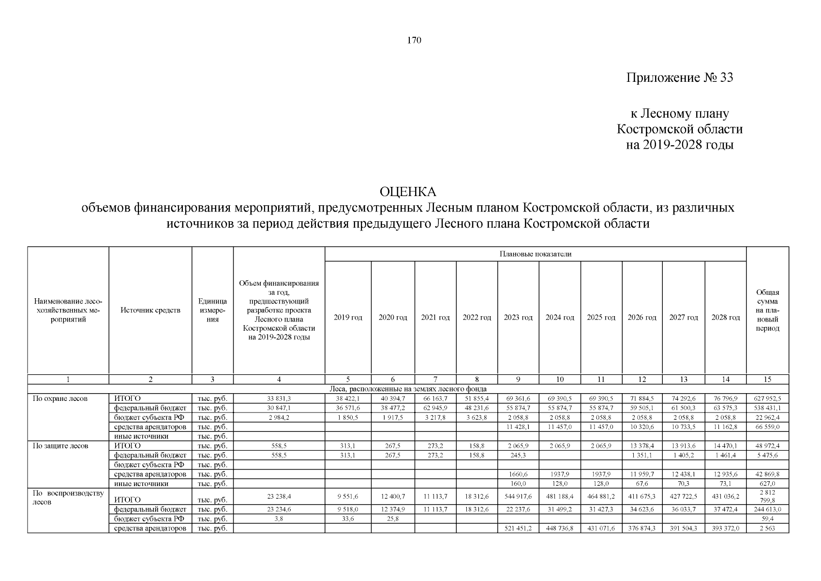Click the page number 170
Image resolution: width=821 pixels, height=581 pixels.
click(x=414, y=41)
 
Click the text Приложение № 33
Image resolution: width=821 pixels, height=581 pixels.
click(x=679, y=77)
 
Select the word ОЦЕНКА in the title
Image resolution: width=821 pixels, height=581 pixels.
click(x=408, y=192)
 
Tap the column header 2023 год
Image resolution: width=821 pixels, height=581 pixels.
click(x=518, y=318)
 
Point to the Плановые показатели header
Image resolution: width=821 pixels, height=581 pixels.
click(x=535, y=254)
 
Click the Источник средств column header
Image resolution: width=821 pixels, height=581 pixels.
click(x=150, y=310)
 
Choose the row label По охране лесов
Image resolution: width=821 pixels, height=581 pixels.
click(x=60, y=398)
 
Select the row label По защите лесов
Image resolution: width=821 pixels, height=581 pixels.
click(x=60, y=445)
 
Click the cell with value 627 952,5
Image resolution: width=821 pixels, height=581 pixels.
click(x=767, y=398)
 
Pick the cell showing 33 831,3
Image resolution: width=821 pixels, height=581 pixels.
click(x=279, y=398)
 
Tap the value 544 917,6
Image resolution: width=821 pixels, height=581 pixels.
click(x=518, y=497)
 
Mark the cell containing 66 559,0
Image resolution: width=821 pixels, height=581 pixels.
click(x=767, y=427)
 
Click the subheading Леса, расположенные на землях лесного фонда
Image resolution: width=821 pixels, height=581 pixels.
click(x=408, y=389)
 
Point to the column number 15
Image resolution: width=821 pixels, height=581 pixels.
click(x=767, y=380)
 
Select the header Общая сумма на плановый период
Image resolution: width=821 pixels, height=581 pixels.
click(x=767, y=310)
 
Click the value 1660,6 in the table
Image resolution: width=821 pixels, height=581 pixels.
click(x=518, y=474)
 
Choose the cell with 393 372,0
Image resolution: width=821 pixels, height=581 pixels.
click(x=726, y=528)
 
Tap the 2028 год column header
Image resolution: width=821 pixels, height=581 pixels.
click(x=726, y=318)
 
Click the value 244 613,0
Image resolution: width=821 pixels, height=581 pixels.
click(x=767, y=509)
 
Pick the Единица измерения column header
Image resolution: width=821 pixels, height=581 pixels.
click(x=212, y=310)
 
